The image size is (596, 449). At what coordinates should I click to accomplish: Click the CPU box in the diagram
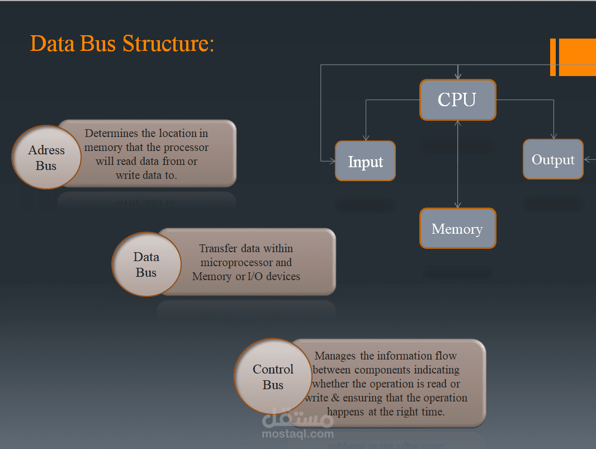click(457, 100)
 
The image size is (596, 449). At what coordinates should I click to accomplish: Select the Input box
click(365, 161)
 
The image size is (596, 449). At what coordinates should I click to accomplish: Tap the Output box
click(553, 159)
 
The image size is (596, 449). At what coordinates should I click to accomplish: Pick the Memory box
click(457, 229)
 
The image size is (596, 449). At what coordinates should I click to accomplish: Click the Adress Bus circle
click(46, 158)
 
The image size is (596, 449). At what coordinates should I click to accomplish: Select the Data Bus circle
click(146, 264)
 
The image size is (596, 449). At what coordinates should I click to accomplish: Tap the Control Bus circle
click(273, 377)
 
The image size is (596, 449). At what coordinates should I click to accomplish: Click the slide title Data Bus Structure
click(122, 44)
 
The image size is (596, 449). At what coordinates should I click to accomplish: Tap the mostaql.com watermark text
click(297, 433)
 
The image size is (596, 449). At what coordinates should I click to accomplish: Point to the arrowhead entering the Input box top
click(366, 138)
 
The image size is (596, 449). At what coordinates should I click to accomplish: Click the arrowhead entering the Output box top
click(554, 136)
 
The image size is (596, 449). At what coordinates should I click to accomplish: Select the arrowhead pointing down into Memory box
click(458, 205)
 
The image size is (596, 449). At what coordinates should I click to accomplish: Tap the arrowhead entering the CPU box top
click(458, 77)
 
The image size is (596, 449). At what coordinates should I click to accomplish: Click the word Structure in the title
click(168, 44)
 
